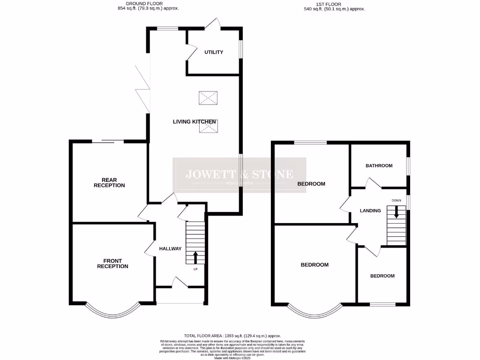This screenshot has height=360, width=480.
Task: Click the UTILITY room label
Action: pos(214,52)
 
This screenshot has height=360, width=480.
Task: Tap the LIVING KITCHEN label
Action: pos(195,122)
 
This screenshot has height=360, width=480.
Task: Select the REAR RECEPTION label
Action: pos(109,182)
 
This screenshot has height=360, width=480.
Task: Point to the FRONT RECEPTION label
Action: pos(112,263)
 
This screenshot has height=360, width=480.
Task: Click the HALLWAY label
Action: pos(170,248)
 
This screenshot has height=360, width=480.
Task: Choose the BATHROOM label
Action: pos(379,165)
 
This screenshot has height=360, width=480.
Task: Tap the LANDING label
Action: pos(370,211)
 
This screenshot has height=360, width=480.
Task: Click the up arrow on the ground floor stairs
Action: pos(195,257)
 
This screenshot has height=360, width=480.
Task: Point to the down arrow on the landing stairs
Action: pos(397,212)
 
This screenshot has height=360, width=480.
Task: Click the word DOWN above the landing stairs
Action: pos(397,201)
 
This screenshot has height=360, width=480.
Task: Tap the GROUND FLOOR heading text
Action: pos(148,4)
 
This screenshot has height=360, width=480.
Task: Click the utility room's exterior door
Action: pos(215,23)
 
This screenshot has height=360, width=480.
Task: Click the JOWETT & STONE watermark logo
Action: pos(240,175)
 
